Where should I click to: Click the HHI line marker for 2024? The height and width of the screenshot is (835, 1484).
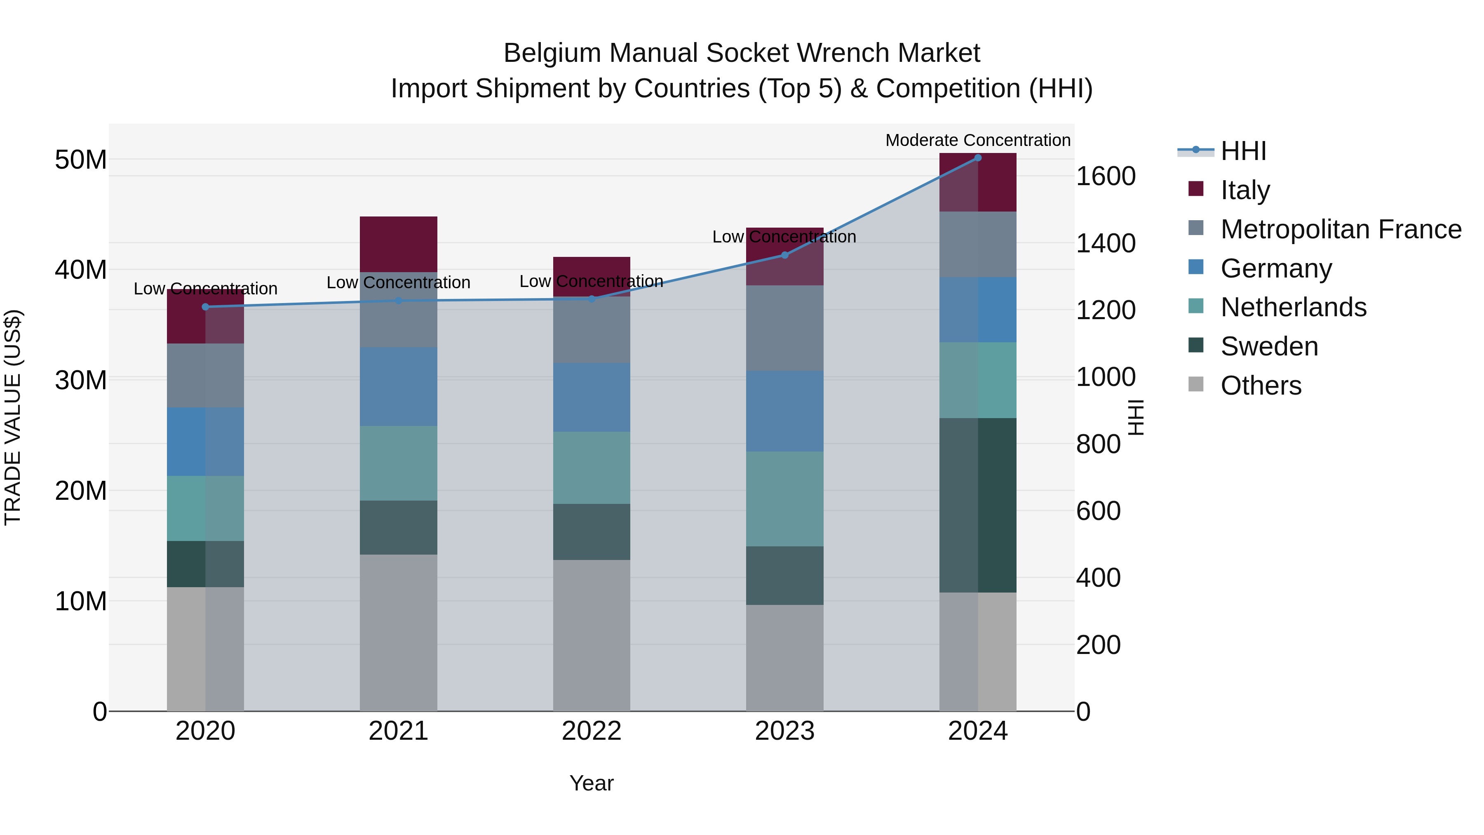coord(978,158)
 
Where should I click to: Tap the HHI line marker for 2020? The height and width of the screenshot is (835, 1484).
coord(205,306)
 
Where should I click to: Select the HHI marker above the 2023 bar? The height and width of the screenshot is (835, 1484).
coord(784,255)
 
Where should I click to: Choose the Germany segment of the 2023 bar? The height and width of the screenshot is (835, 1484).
coord(784,410)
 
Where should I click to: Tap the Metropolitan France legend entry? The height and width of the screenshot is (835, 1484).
coord(1340,229)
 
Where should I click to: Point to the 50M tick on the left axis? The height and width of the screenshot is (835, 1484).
coord(81,160)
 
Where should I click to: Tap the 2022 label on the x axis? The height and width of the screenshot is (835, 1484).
coord(591,731)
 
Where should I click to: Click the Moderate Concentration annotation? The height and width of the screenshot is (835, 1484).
coord(978,140)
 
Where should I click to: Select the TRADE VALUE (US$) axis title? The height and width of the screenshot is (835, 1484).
coord(13,417)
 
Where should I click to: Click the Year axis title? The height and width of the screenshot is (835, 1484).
coord(591,783)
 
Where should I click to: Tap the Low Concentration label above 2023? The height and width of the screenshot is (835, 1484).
coord(784,237)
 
